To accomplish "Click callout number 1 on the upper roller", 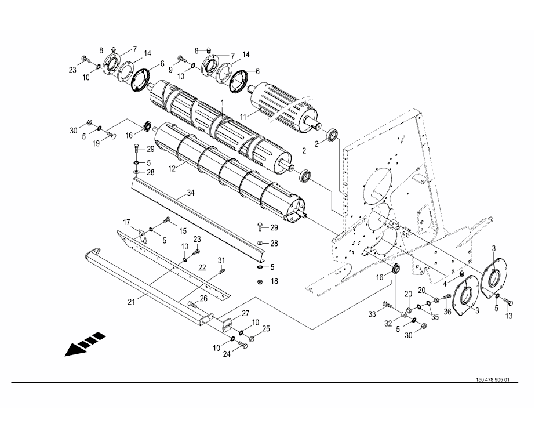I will [221, 102].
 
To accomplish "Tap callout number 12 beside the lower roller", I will [172, 168].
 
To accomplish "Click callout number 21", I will [131, 301].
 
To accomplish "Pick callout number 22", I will [202, 267].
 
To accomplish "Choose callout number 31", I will [221, 259].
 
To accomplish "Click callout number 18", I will [274, 281].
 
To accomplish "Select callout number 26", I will [203, 299].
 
